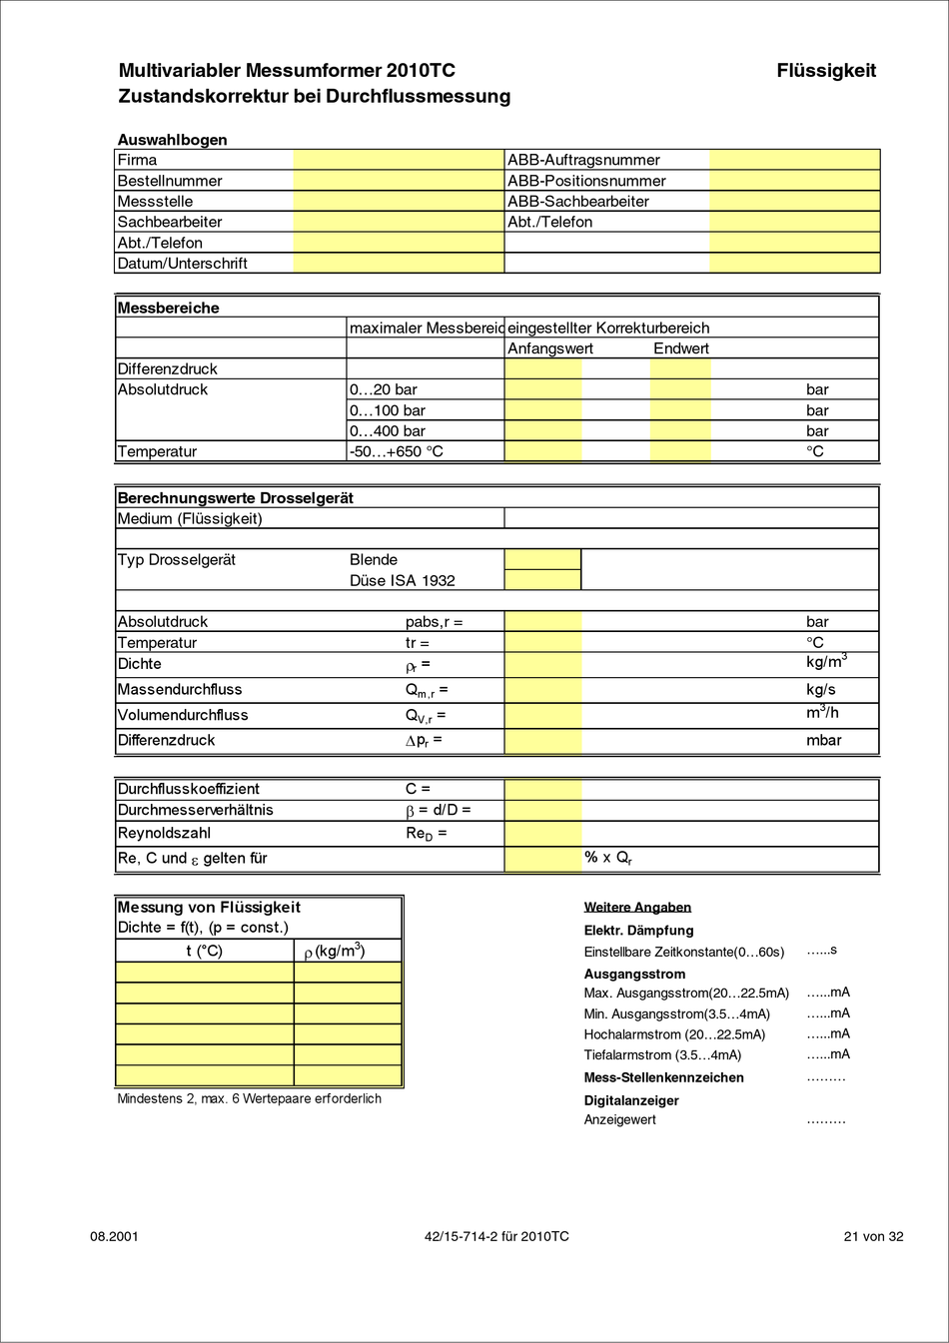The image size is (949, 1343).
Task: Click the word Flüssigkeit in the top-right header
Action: click(x=826, y=71)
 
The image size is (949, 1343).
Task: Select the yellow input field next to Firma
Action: click(x=399, y=160)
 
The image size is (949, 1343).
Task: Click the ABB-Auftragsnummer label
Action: click(x=583, y=160)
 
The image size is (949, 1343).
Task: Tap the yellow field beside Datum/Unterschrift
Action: click(x=399, y=264)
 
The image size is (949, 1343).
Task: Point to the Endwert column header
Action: click(x=681, y=348)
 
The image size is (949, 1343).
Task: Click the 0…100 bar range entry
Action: click(x=388, y=410)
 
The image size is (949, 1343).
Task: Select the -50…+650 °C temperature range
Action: click(x=397, y=451)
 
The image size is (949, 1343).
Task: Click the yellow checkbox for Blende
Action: click(x=542, y=559)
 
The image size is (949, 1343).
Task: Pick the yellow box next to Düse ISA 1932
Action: click(x=542, y=580)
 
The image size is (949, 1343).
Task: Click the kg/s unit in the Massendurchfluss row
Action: click(x=821, y=690)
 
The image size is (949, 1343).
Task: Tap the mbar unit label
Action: click(x=824, y=741)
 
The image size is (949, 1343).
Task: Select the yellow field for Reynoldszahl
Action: click(x=542, y=833)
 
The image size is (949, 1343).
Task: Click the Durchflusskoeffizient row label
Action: click(x=189, y=789)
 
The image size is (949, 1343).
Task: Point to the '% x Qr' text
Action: click(x=608, y=858)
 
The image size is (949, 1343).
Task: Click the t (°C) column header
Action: click(x=205, y=951)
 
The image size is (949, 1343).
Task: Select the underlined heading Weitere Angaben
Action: click(x=637, y=908)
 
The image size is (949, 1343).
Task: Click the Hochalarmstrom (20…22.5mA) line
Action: click(x=674, y=1034)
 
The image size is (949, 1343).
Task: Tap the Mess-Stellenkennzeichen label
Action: click(x=663, y=1077)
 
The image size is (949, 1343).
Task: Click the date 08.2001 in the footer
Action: click(x=114, y=1236)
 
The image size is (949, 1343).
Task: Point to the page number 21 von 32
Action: click(x=873, y=1236)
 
